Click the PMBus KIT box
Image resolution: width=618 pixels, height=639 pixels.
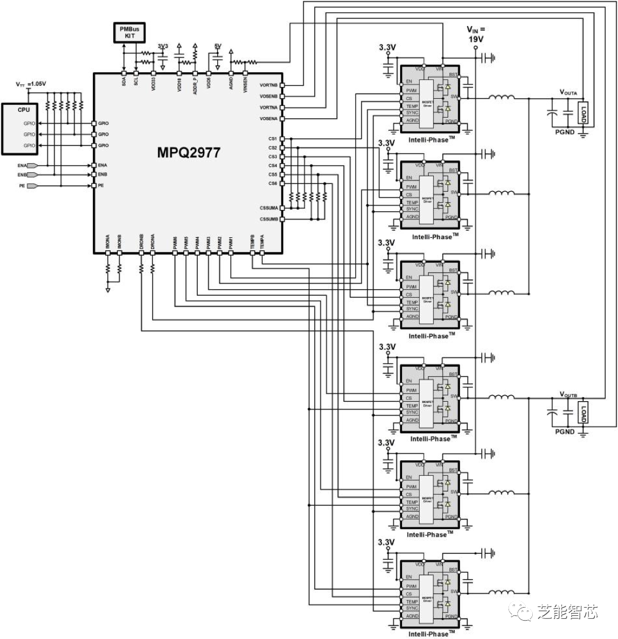point(129,33)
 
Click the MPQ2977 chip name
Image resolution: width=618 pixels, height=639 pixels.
point(188,153)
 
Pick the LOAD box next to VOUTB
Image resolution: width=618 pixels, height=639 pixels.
point(583,412)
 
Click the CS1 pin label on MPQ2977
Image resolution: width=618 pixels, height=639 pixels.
point(272,139)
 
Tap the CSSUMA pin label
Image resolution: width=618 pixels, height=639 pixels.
point(268,208)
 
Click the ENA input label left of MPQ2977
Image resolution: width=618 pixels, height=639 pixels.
point(22,166)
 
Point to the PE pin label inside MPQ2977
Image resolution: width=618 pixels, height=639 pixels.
point(101,186)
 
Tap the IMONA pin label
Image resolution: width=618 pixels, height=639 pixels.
point(108,242)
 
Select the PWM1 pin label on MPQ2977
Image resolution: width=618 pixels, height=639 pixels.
point(230,242)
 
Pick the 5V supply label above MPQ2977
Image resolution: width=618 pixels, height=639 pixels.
point(217,46)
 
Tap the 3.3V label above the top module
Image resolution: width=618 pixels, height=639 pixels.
point(387,46)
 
